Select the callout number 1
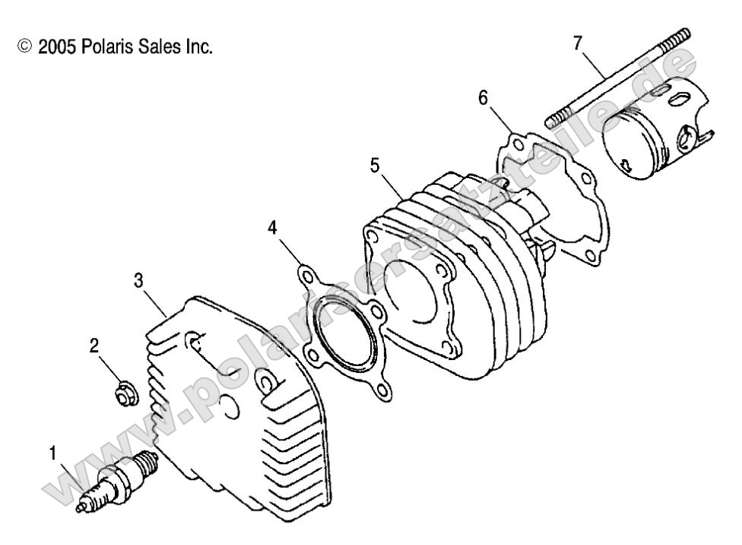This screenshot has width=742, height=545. click(52, 454)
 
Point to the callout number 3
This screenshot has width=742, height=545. click(138, 280)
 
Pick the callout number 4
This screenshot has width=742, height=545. click(271, 227)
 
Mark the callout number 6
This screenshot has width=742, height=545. click(483, 97)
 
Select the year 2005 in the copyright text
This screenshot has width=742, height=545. click(52, 47)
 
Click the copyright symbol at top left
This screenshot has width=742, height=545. click(25, 47)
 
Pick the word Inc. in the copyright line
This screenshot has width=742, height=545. click(195, 47)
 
